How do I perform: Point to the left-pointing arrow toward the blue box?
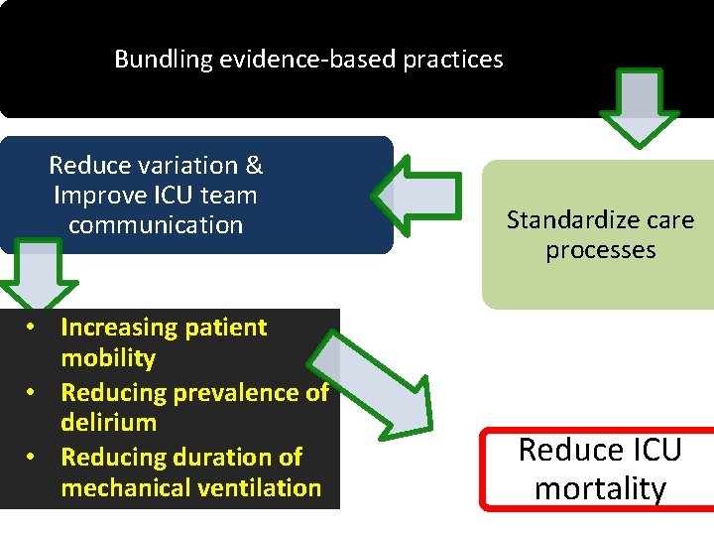click(x=420, y=196)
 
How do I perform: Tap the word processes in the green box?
click(x=600, y=250)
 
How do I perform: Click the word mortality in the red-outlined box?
click(x=600, y=488)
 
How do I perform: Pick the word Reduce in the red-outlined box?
click(x=566, y=451)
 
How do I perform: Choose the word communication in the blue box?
click(x=156, y=225)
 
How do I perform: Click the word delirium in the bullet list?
click(x=108, y=423)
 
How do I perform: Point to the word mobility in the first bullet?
click(x=108, y=357)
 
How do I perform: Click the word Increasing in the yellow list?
click(x=116, y=328)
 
